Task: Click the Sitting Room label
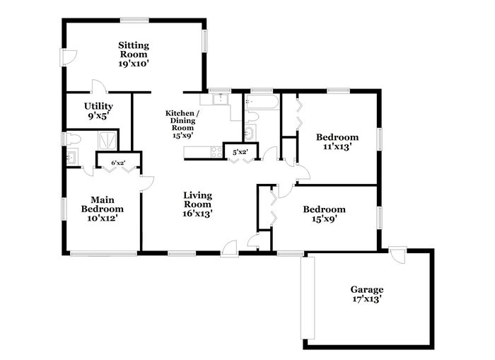[134, 50]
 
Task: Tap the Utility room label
[98, 106]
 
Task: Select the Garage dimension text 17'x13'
[368, 299]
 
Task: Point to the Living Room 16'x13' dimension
[197, 214]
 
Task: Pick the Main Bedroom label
[103, 204]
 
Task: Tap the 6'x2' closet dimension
[118, 163]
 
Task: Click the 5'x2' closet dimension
[240, 152]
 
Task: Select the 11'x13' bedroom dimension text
[337, 147]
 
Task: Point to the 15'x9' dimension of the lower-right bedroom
[324, 219]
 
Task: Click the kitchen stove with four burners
[216, 152]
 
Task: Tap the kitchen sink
[221, 99]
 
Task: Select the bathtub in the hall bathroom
[262, 102]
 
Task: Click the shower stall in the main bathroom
[108, 141]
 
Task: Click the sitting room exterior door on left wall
[68, 58]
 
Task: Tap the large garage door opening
[308, 298]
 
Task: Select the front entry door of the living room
[229, 249]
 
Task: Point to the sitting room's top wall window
[134, 21]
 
